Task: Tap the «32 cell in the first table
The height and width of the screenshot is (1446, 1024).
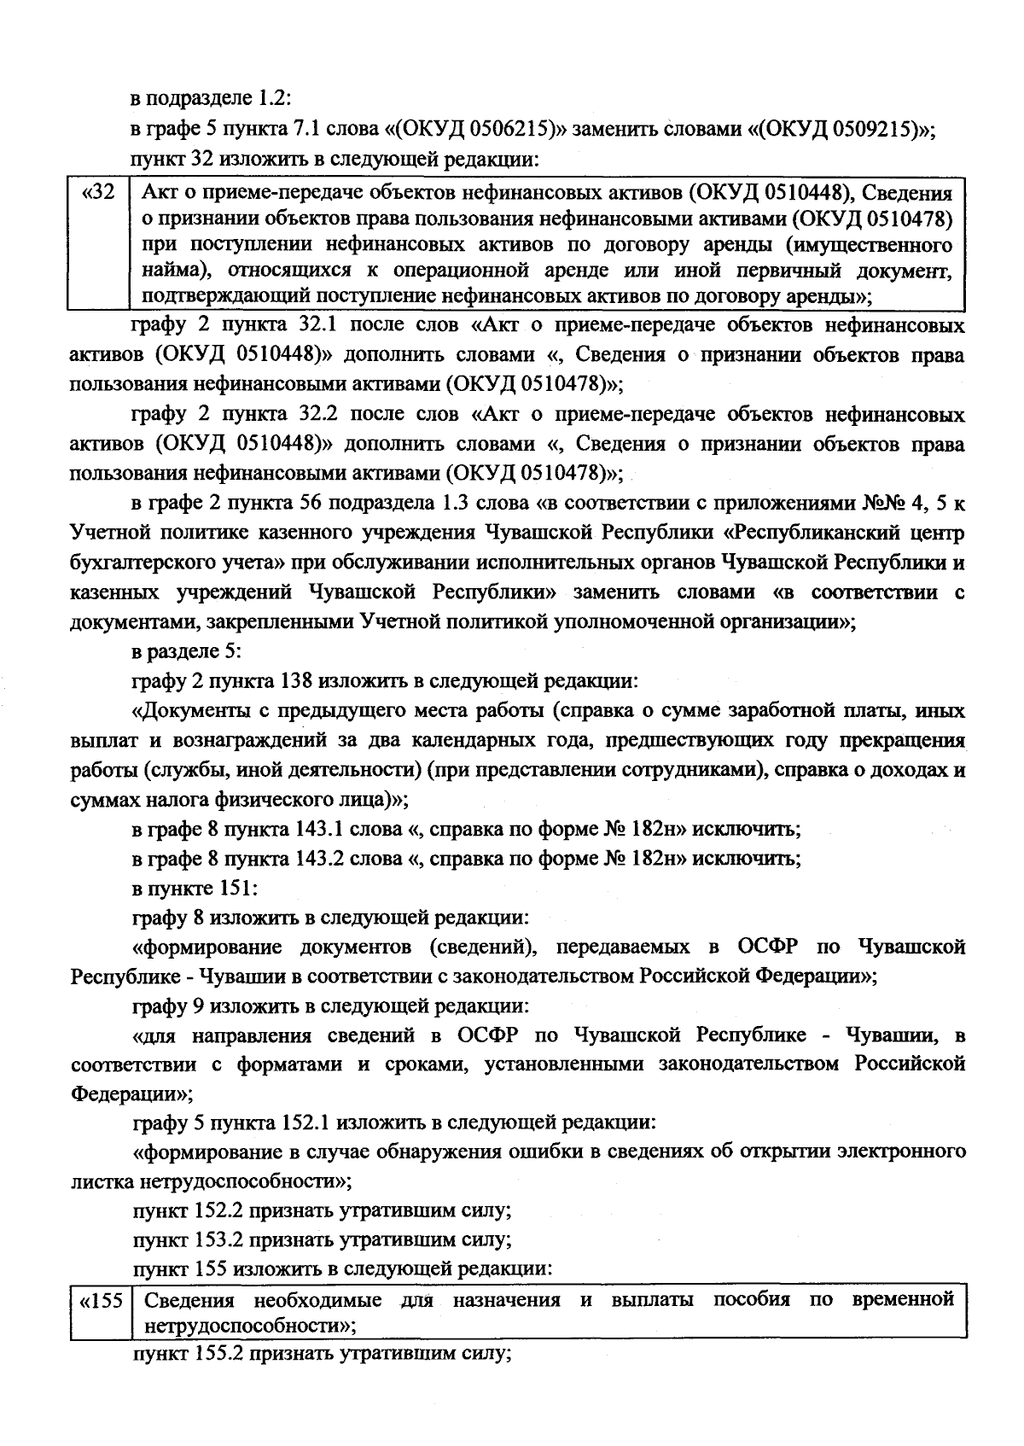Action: (98, 193)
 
